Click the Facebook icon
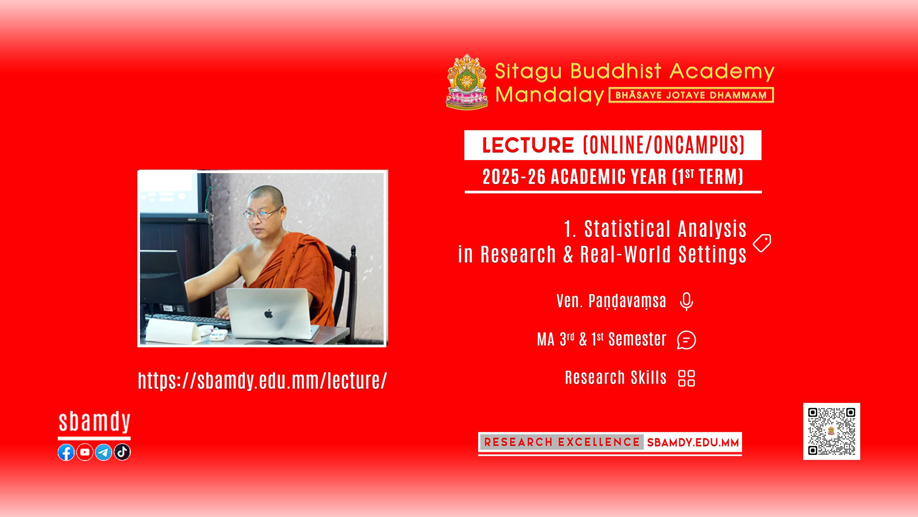pos(66,452)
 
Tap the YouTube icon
pos(85,452)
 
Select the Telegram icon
pos(103,452)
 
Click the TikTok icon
pos(122,452)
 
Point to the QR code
pos(832,431)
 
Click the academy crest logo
pos(467,82)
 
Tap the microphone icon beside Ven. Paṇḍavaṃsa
pos(687,301)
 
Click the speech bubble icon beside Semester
pos(687,340)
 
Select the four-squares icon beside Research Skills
pos(687,378)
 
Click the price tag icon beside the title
pos(762,243)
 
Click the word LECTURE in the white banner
pos(528,145)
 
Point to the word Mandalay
pos(550,95)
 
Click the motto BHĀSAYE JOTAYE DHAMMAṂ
pos(691,95)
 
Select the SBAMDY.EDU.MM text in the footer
pos(693,443)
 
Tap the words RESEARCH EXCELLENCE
pos(562,442)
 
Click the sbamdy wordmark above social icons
pos(94,422)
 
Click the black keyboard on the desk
pos(187,321)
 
